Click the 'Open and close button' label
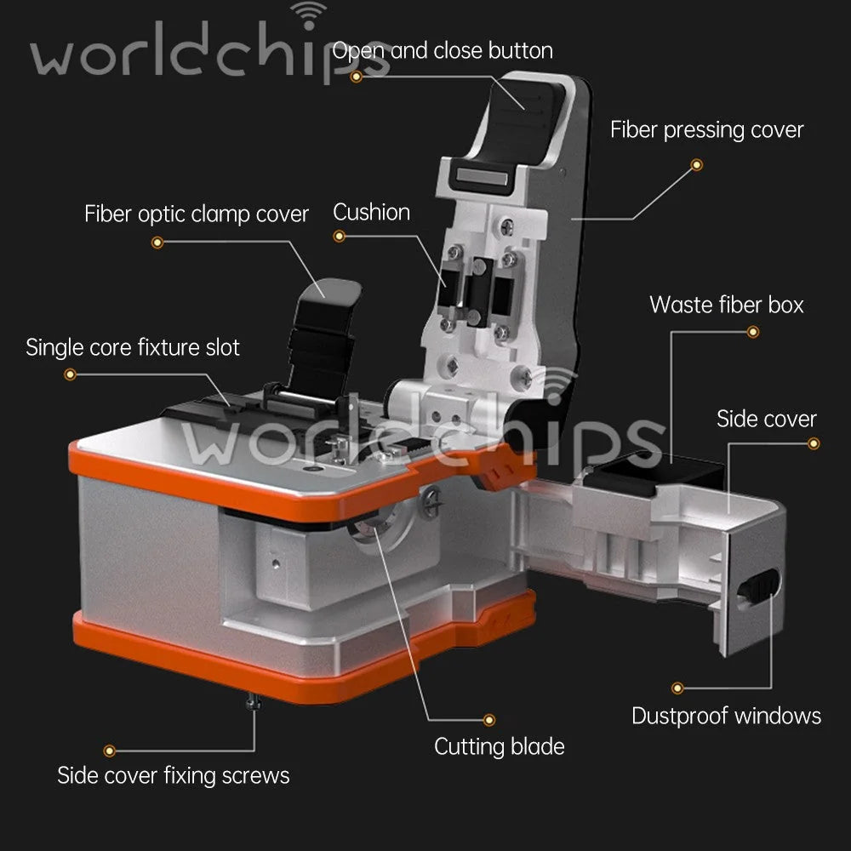click(443, 50)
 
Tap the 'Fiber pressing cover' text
click(706, 130)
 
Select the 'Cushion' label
click(371, 212)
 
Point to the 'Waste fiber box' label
click(726, 305)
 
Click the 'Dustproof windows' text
click(726, 716)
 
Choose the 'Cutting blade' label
click(500, 747)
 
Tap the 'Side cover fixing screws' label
click(173, 775)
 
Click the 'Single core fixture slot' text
click(133, 347)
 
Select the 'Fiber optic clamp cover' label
click(197, 214)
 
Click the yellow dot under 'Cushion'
click(340, 236)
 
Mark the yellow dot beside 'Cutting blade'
click(489, 720)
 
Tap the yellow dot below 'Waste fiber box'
click(753, 332)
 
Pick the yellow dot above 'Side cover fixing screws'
click(109, 751)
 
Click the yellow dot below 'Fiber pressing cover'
click(697, 164)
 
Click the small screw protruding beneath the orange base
click(252, 702)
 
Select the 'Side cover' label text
click(767, 419)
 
